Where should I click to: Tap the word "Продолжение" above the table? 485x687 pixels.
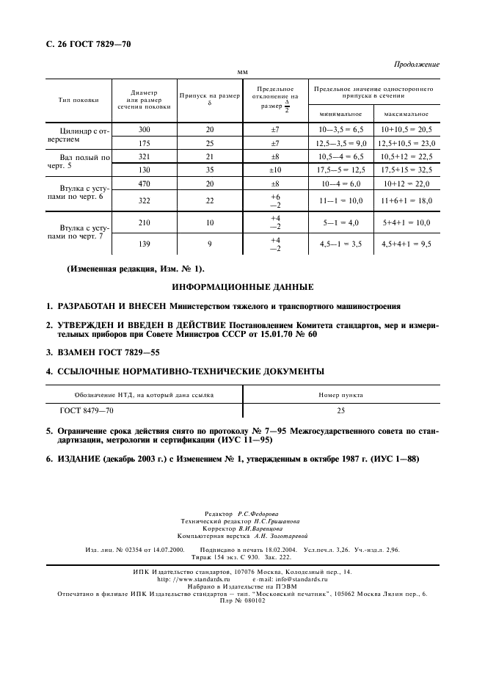tap(417, 65)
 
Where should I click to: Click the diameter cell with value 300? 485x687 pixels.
tap(144, 129)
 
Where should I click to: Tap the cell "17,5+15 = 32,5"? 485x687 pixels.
tap(406, 170)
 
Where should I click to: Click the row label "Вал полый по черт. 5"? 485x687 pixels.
tap(84, 163)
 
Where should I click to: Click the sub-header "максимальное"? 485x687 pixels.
tap(406, 114)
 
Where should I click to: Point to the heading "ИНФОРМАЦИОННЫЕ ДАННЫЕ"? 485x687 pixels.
tap(242, 286)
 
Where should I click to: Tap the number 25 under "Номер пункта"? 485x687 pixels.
tap(340, 411)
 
